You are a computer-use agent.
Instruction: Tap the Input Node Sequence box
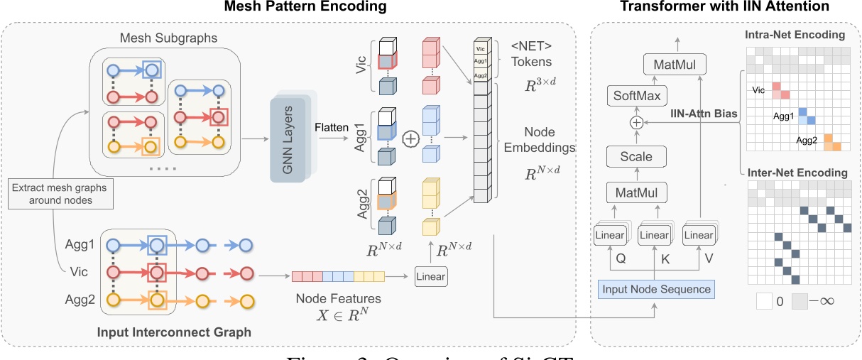655,289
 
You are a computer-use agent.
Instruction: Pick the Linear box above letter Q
609,235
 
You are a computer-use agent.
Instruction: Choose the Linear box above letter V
698,235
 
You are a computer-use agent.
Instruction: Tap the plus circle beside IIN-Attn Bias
636,123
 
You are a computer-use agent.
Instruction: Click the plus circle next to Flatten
410,139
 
